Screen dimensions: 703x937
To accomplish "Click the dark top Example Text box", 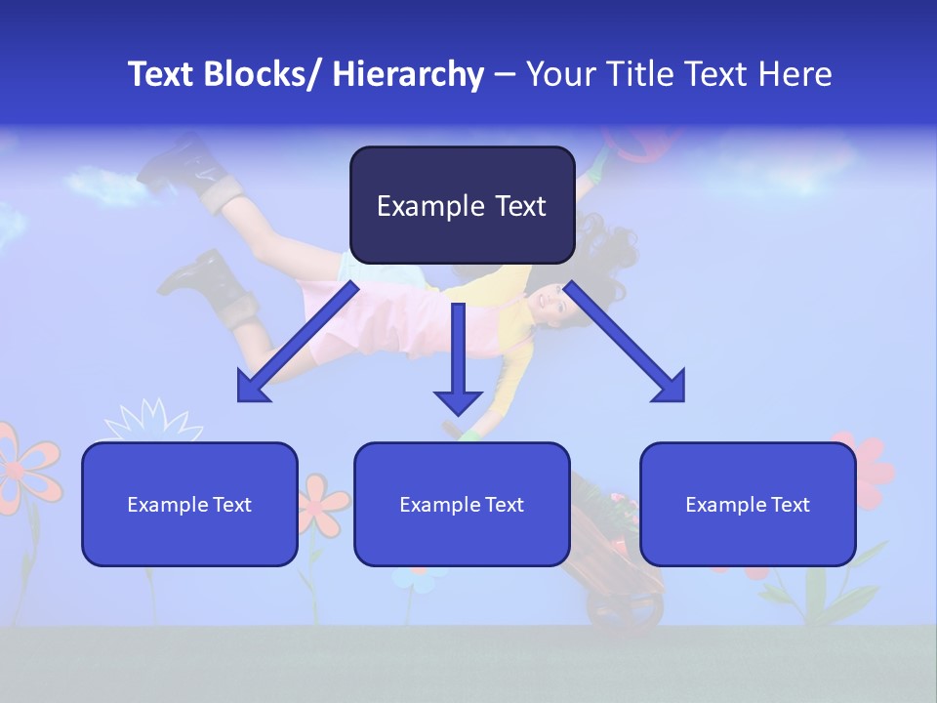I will coord(462,205).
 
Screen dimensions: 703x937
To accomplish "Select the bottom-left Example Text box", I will coord(189,504).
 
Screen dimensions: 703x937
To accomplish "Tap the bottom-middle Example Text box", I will coord(462,504).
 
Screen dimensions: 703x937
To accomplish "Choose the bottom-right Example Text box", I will coord(748,504).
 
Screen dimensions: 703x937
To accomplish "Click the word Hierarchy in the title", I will coord(408,74).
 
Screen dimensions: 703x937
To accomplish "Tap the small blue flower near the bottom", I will coord(420,578).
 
